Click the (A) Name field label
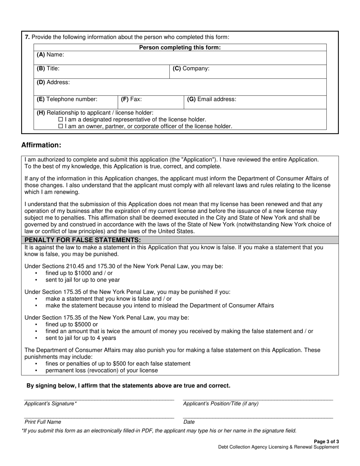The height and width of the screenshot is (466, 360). tap(50, 55)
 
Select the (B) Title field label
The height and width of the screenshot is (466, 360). tap(48, 69)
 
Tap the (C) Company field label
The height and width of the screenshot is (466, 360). tap(191, 69)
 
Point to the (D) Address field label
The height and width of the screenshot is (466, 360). tap(53, 82)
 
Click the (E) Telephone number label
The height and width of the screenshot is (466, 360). tap(67, 99)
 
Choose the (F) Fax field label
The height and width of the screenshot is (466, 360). tap(131, 99)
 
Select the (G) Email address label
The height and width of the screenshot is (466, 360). tap(211, 99)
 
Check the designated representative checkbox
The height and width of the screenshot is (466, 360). tap(61, 119)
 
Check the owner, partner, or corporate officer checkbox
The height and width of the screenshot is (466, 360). tap(61, 126)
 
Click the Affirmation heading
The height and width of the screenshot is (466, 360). tap(41, 145)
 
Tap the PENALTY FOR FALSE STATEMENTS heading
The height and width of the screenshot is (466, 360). tap(83, 240)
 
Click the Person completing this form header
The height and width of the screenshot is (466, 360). tap(180, 47)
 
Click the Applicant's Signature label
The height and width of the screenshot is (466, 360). tap(50, 404)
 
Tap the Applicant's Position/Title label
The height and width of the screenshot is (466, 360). tap(221, 404)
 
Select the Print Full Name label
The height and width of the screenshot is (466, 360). tap(42, 422)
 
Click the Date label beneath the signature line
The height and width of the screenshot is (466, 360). tap(189, 422)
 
